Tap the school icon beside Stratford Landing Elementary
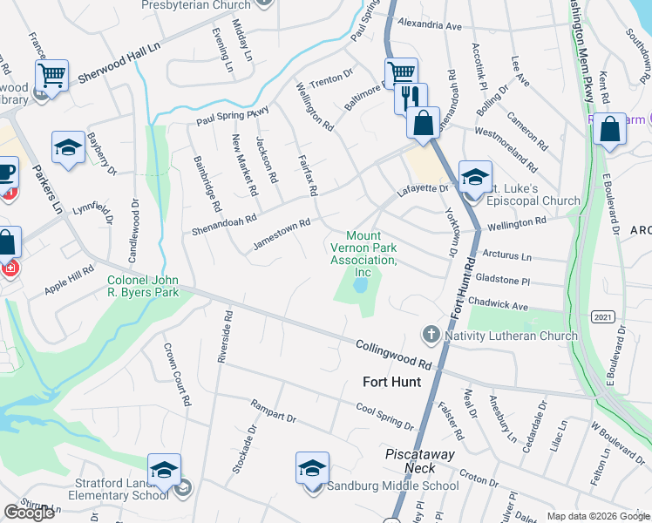coord(164,471)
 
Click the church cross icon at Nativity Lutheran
coord(430,335)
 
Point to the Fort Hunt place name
coord(391,382)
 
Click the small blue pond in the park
coord(359,284)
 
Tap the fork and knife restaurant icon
coord(410,98)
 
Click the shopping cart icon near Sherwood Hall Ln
coord(52,76)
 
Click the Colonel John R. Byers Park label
coord(143,286)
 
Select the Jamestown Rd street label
coord(282,233)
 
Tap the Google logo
coord(29,513)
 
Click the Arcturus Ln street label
coord(506,257)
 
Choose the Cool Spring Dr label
coord(384,416)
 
